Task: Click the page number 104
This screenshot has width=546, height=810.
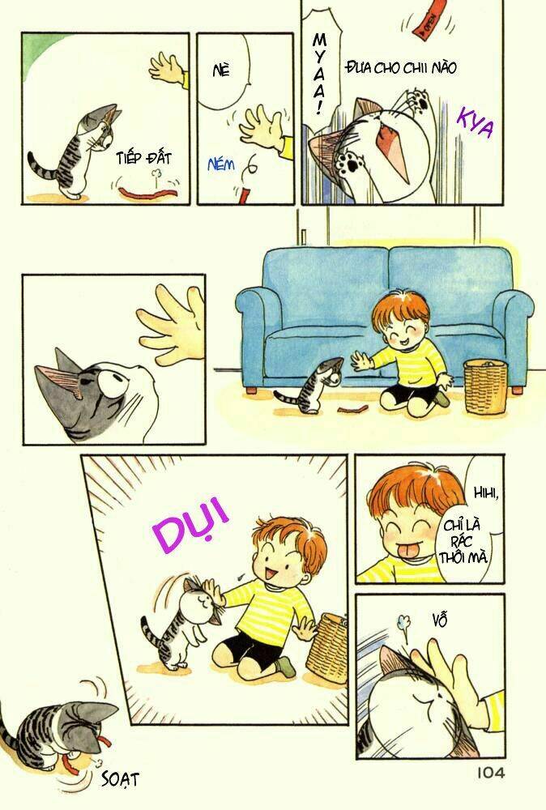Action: click(485, 773)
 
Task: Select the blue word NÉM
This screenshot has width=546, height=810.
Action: click(220, 164)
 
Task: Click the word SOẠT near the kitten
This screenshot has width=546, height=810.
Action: click(121, 778)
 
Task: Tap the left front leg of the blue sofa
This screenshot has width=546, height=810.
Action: click(254, 390)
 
